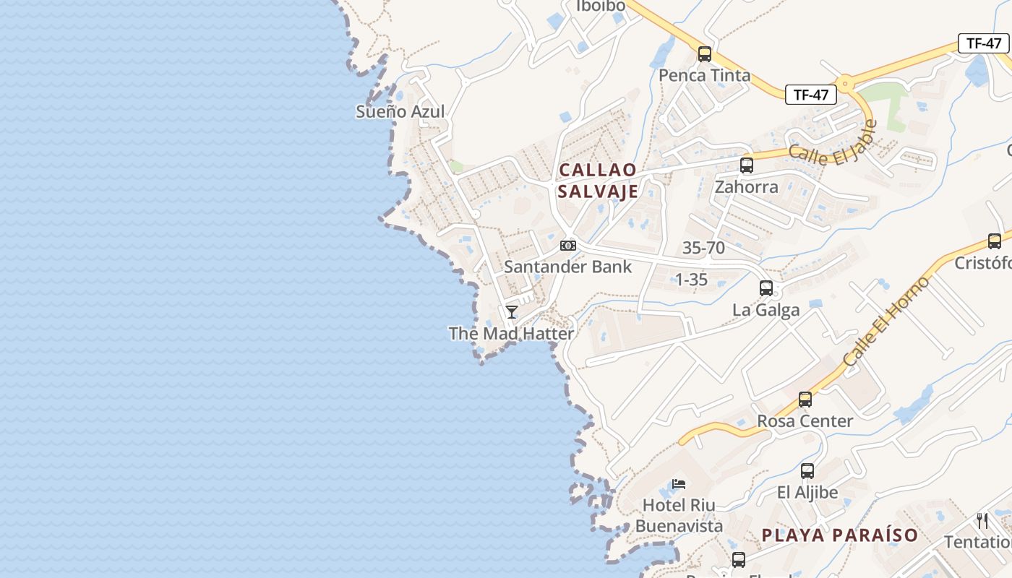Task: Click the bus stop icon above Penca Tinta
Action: click(x=705, y=54)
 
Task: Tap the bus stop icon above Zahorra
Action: click(x=747, y=165)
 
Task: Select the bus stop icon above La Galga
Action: click(x=766, y=288)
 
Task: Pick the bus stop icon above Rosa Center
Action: click(x=805, y=400)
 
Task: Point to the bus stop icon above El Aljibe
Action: click(x=807, y=471)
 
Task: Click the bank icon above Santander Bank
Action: click(x=568, y=246)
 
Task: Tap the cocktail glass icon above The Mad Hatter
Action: click(x=512, y=312)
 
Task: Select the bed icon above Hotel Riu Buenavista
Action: click(x=679, y=484)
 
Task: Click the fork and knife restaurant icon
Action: click(x=982, y=521)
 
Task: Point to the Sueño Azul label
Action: click(x=400, y=112)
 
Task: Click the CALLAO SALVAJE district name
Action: click(x=598, y=180)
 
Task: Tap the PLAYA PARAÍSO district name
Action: click(x=840, y=535)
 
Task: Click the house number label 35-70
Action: click(x=703, y=248)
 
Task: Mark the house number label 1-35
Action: click(x=691, y=280)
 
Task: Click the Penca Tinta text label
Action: click(x=704, y=76)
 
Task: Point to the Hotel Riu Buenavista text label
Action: click(x=679, y=516)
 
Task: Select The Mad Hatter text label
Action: click(x=511, y=334)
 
